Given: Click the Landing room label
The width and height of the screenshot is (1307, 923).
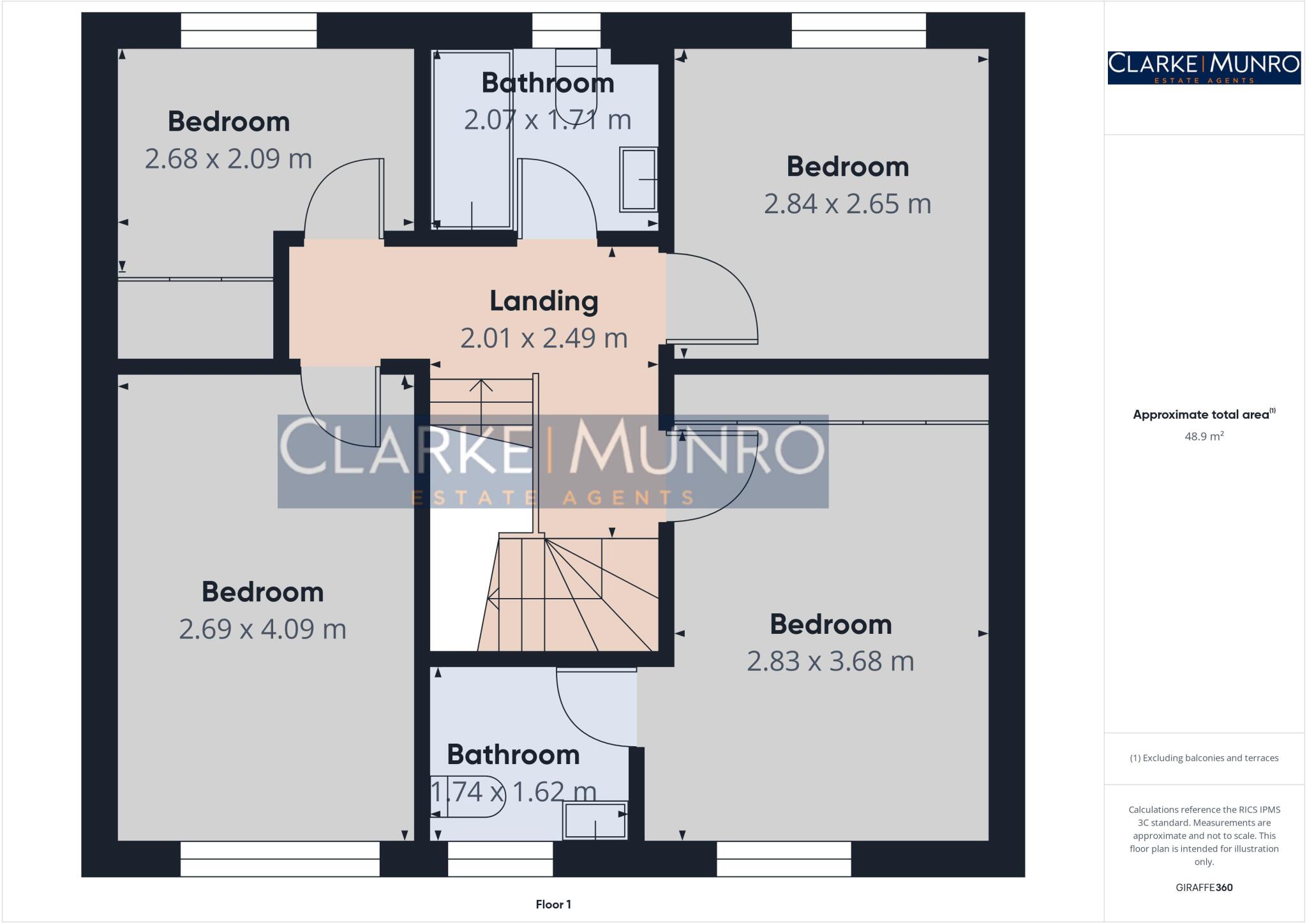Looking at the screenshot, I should pos(544,301).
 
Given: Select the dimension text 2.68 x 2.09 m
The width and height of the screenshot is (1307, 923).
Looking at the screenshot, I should pos(228,159).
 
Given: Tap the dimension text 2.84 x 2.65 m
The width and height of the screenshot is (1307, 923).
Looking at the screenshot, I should pos(847,204).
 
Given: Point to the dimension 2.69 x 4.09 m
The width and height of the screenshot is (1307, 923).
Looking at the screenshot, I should pos(262,629).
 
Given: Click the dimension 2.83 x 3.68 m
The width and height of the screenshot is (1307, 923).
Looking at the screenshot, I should pos(830,661).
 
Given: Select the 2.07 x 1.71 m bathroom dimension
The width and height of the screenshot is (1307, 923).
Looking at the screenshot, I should pos(548,120).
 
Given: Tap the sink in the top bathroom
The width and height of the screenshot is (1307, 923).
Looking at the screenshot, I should pos(638,179).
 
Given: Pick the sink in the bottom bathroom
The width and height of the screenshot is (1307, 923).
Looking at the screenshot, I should pos(595,820).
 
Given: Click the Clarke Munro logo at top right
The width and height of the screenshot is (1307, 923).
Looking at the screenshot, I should pos(1204,68).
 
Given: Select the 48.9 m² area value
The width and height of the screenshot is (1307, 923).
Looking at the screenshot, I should pos(1204,437).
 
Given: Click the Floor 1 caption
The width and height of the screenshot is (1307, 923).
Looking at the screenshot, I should pos(553,904).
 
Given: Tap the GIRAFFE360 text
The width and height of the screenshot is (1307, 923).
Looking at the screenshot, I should pos(1204,887).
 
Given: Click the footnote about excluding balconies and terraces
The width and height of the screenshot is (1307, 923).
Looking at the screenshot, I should pos(1204,758).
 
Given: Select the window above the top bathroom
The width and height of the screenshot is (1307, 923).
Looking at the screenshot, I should pos(566,30).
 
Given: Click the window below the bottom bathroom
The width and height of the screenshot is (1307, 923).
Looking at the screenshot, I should pos(500,859).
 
